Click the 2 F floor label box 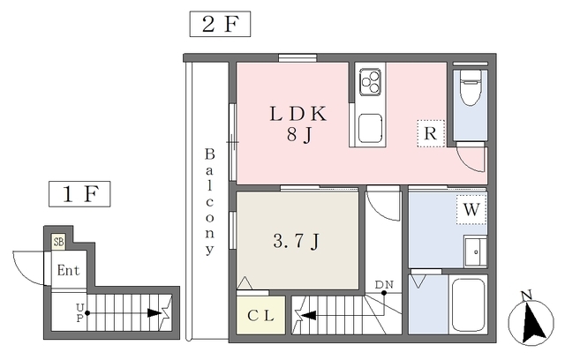[x=220, y=24]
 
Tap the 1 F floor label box [x=79, y=194]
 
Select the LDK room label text [x=298, y=114]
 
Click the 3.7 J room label [x=297, y=241]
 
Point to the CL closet [x=261, y=315]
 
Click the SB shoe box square [x=58, y=242]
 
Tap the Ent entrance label [x=69, y=270]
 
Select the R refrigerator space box [x=431, y=133]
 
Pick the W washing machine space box [x=471, y=209]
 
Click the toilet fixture [x=471, y=86]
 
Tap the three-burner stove [x=370, y=82]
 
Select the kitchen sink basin [x=370, y=129]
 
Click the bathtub [x=468, y=304]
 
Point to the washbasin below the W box [x=475, y=251]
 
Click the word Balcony [x=209, y=201]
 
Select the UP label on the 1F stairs [x=79, y=312]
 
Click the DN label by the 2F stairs [x=384, y=285]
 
